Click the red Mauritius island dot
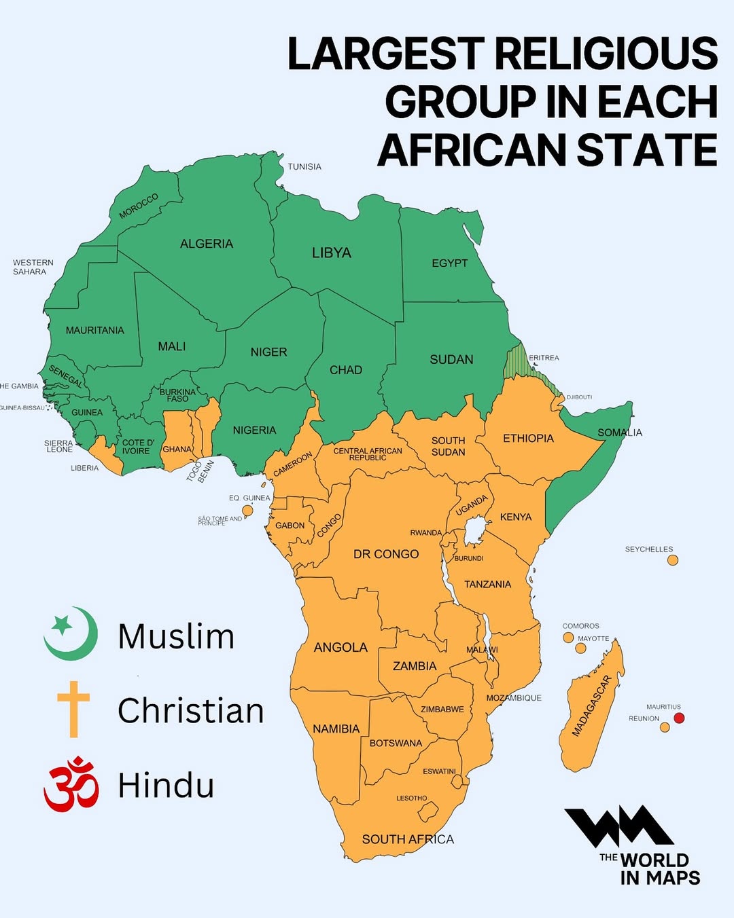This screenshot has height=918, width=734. point(678,718)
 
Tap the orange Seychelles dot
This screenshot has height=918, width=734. point(673,560)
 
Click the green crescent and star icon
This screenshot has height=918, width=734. point(71,634)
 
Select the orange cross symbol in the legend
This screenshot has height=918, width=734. point(73,709)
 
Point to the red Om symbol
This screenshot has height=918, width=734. point(71,784)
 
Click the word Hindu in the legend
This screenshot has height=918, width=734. point(166,786)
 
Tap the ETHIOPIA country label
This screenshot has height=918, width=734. point(528,439)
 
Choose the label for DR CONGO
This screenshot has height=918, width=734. point(385,554)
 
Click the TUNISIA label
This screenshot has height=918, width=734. point(304,167)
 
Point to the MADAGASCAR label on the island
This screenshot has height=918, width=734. point(591,706)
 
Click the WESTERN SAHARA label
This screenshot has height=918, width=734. point(33,267)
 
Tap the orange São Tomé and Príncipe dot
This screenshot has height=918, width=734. point(248,511)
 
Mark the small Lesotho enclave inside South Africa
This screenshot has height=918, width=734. point(428,811)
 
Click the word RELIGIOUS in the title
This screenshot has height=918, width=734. point(605,54)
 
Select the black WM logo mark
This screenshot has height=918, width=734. point(618,827)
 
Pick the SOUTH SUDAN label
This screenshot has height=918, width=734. point(448,446)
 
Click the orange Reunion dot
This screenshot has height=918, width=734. point(665,727)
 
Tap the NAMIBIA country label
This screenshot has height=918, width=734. point(336,729)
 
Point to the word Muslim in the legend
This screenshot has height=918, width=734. point(176,637)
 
